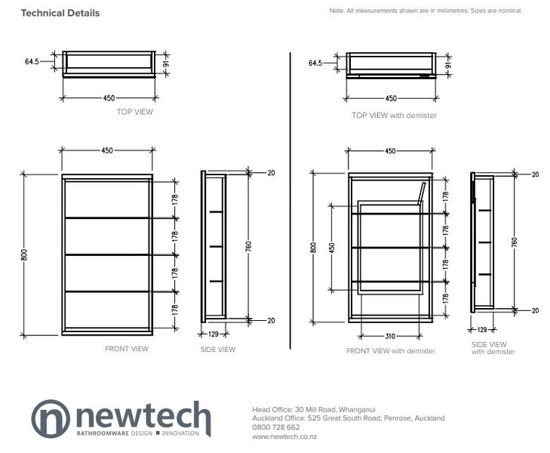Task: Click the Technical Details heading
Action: [x=60, y=13]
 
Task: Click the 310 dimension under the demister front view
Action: [x=390, y=336]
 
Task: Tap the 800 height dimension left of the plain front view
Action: [x=24, y=254]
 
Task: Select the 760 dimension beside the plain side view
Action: [x=248, y=246]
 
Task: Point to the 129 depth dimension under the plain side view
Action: [x=214, y=334]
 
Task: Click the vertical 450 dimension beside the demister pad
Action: [x=332, y=248]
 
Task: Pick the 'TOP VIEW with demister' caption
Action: [x=395, y=116]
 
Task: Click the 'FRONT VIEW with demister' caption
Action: [x=390, y=351]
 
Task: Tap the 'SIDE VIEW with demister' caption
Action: [x=493, y=348]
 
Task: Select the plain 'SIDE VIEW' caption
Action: [x=218, y=350]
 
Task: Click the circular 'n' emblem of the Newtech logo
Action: [x=51, y=418]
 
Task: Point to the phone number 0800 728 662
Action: [x=276, y=427]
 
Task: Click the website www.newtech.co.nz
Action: [x=284, y=436]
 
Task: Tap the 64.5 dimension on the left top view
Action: [x=32, y=61]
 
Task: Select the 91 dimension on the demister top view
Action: [x=448, y=65]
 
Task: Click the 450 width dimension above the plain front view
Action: [x=107, y=150]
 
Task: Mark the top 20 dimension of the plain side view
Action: [x=271, y=173]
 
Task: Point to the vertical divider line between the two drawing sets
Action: [x=290, y=201]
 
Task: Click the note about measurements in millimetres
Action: [x=426, y=11]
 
